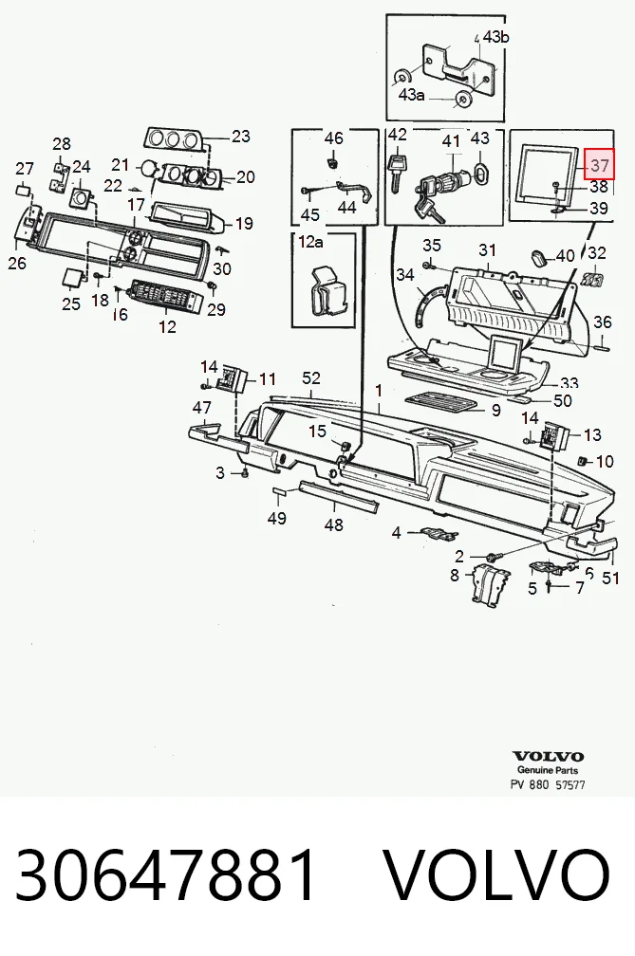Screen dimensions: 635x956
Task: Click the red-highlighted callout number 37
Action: [600, 164]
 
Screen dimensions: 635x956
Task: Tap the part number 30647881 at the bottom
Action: [166, 874]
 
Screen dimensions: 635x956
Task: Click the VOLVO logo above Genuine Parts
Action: [548, 757]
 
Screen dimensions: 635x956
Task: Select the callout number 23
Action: [241, 136]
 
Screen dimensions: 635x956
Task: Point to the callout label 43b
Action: [495, 37]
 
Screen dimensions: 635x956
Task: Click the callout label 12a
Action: [310, 242]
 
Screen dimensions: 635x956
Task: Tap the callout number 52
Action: [311, 378]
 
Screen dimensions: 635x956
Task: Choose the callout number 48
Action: [334, 524]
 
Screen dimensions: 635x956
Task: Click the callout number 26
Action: [17, 263]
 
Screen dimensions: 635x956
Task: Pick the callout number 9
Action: [495, 411]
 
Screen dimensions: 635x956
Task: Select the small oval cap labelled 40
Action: [540, 257]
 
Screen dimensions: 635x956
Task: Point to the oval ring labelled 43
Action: [480, 174]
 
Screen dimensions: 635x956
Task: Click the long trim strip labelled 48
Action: [339, 496]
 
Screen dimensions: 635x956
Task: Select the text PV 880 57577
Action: [548, 784]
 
